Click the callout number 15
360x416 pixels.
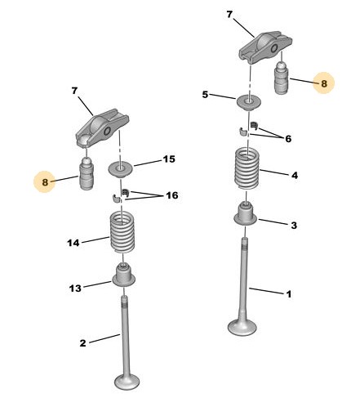tap(169, 159)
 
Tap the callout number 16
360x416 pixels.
tap(172, 195)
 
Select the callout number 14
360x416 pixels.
tap(73, 243)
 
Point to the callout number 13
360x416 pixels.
tap(75, 288)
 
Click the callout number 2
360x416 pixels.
tap(82, 343)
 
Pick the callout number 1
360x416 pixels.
tap(289, 294)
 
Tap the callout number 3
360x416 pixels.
tap(294, 226)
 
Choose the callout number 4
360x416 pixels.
tap(295, 176)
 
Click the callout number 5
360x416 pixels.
tap(205, 95)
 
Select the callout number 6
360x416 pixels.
tap(288, 139)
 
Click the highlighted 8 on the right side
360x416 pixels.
tap(324, 83)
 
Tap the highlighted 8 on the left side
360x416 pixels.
tap(45, 182)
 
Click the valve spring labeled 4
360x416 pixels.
tap(247, 169)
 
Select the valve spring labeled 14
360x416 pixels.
tap(122, 232)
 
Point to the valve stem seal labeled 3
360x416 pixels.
tap(246, 214)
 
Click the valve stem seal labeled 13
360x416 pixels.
tap(124, 275)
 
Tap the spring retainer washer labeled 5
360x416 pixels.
tap(248, 102)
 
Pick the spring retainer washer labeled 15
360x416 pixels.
tap(121, 168)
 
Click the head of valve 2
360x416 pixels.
tap(127, 382)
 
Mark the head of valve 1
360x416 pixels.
tap(242, 327)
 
